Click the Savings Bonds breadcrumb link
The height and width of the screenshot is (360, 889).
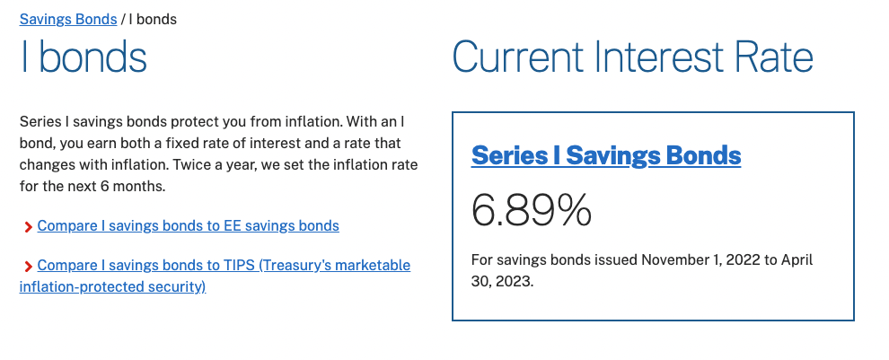[68, 19]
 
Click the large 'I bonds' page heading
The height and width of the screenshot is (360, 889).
[84, 57]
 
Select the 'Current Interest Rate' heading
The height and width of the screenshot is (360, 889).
[633, 57]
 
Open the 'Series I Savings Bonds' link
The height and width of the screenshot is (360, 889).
[606, 154]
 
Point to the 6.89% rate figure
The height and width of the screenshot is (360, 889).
[532, 210]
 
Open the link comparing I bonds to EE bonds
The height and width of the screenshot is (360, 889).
[189, 225]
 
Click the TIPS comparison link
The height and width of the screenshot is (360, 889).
[215, 277]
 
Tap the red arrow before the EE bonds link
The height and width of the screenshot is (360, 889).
[28, 227]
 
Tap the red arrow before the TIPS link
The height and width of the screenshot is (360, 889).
[28, 267]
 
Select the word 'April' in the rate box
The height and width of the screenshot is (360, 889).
[797, 260]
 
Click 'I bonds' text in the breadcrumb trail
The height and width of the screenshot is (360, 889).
[153, 19]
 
